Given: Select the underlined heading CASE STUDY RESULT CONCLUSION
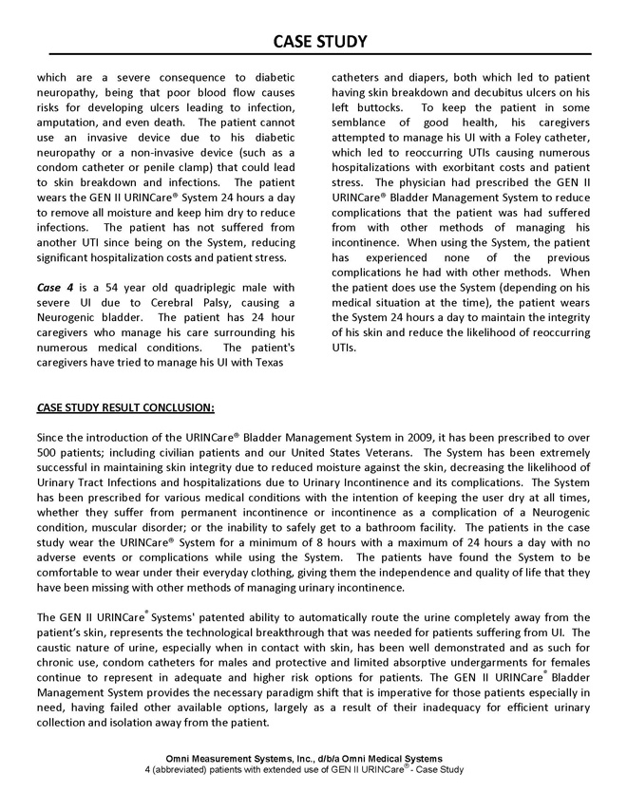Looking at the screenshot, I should point(125,408).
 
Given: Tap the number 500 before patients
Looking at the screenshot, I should point(48,453).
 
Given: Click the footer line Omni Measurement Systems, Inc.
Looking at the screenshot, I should point(303,758).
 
